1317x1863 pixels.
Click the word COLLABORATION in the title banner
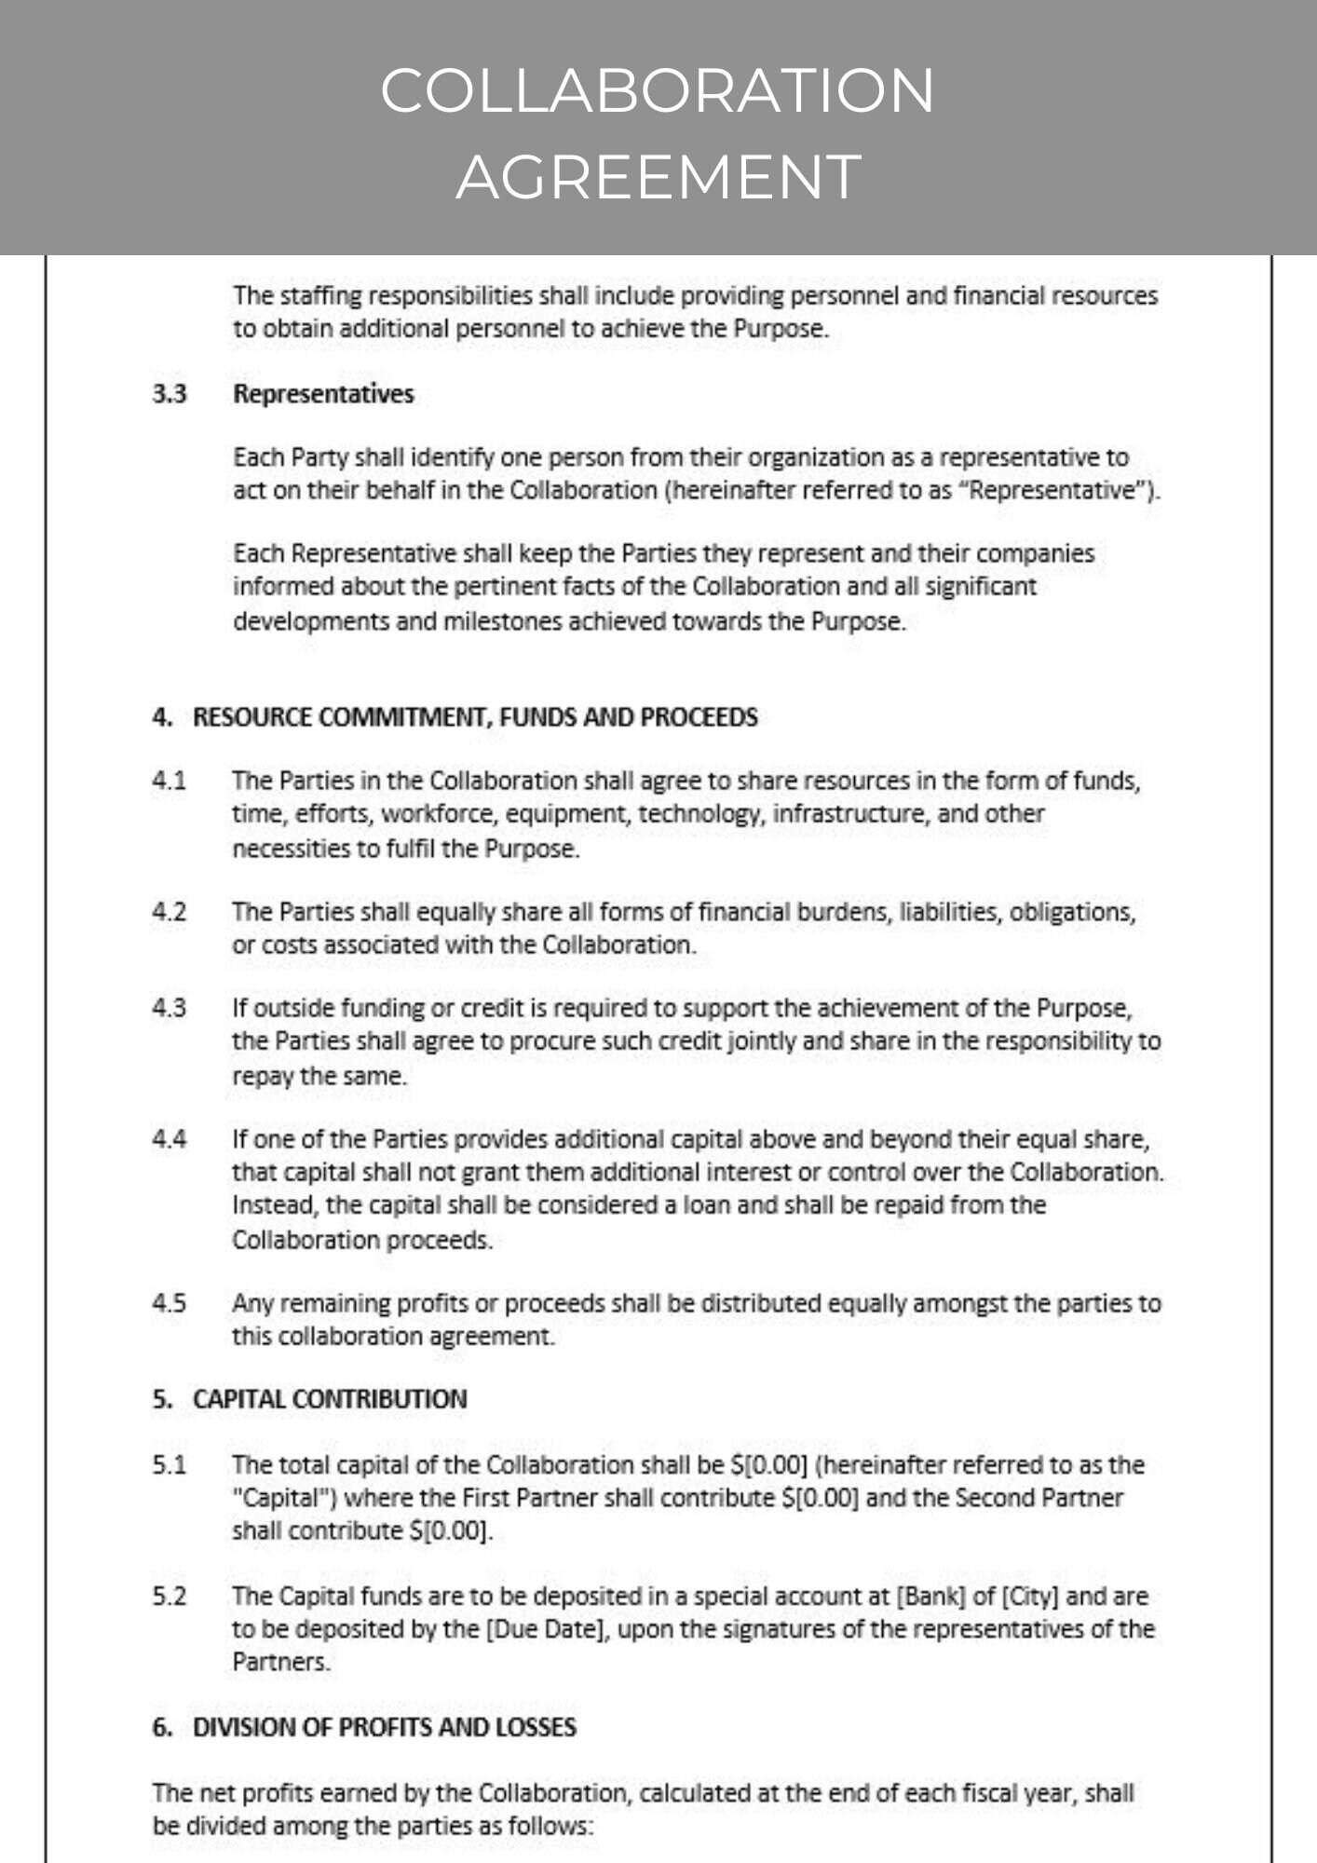coord(658,90)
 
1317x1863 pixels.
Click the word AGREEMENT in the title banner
coord(658,177)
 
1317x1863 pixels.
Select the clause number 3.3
coord(170,394)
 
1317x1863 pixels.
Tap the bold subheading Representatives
coord(323,394)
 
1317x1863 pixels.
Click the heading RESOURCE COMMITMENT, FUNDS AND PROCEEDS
coord(475,717)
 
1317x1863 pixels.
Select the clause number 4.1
coord(170,781)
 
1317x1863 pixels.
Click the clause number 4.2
coord(170,912)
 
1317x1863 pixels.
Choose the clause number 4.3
coord(170,1008)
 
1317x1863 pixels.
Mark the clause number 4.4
coord(170,1139)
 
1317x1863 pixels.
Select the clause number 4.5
coord(170,1303)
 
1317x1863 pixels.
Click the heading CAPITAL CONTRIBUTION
coord(330,1399)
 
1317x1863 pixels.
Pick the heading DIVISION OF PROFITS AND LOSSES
coord(384,1727)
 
